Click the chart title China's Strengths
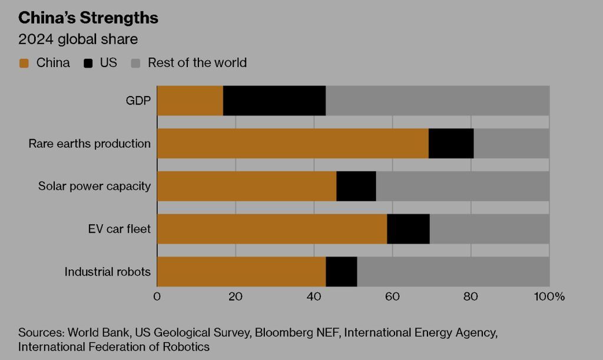coord(88,18)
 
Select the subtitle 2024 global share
coord(78,40)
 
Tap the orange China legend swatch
coord(24,63)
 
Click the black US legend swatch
coord(89,63)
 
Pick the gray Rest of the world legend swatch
coord(135,63)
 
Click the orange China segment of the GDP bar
coord(190,100)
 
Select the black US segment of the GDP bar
coord(274,100)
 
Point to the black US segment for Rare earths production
coord(451,143)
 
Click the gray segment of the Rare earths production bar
coord(511,143)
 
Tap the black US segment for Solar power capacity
coord(356,186)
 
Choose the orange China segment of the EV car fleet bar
coord(272,229)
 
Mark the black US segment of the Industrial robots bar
coord(342,272)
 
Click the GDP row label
coord(138,100)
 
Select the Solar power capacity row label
coord(94,186)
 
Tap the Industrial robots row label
coord(107,272)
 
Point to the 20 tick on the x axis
coord(236,296)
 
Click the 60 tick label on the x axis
coord(392,296)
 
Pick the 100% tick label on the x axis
coord(549,296)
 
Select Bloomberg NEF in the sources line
coord(297,332)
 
